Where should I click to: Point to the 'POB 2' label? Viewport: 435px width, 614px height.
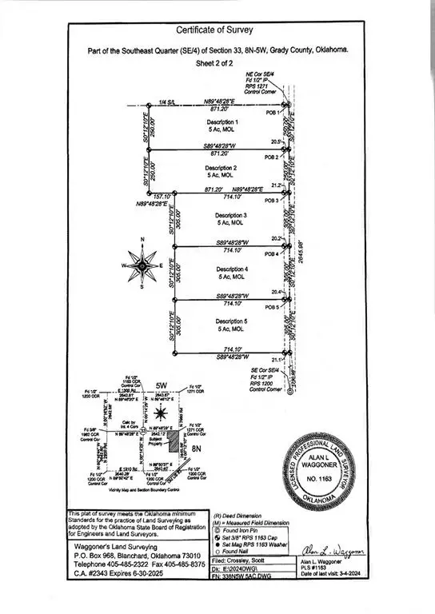pos(272,157)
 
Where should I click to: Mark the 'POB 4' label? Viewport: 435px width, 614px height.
pos(272,254)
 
